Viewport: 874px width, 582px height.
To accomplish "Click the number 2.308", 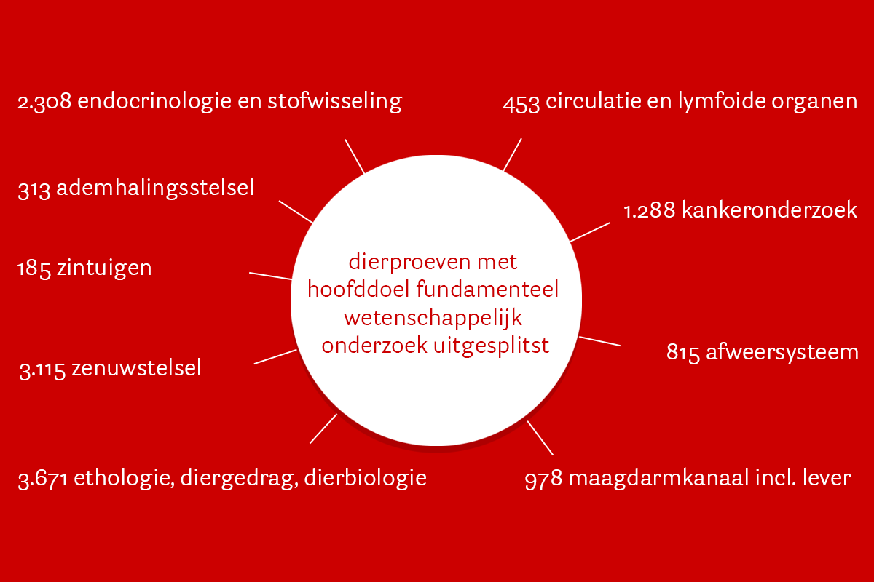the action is pos(44,102).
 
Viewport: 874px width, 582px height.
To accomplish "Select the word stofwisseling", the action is pos(334,101).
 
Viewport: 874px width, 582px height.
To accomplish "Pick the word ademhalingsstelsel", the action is pos(155,188).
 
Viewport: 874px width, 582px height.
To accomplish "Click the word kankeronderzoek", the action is pos(769,210).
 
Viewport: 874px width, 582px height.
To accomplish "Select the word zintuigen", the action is pos(104,269).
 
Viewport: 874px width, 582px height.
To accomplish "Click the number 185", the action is pos(34,269).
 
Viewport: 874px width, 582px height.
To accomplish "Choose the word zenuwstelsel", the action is pos(136,368).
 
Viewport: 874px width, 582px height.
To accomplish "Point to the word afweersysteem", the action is pos(782,352).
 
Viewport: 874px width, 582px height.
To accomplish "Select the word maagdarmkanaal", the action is pos(659,478).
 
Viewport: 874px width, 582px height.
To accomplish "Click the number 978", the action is pos(543,479).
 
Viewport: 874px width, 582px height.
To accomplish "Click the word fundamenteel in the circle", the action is pos(487,290).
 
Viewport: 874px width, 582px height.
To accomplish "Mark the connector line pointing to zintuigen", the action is pos(270,276).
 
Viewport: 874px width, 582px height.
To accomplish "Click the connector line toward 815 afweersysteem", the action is pos(599,341).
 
